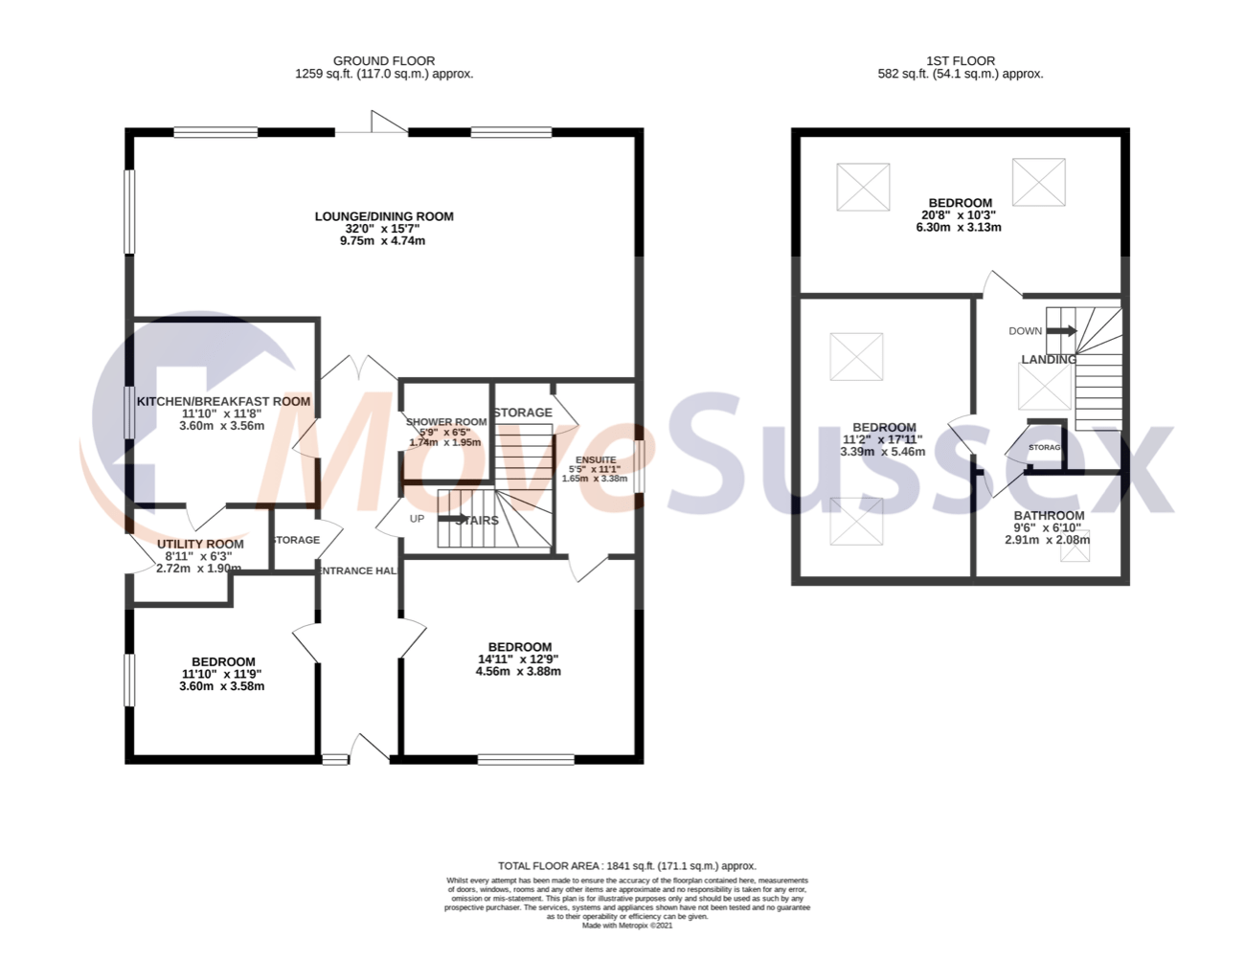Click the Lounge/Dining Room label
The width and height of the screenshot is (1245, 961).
[384, 216]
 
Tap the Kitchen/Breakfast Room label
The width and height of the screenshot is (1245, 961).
[223, 402]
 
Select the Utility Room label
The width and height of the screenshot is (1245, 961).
[200, 544]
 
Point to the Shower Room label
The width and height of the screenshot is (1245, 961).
[446, 422]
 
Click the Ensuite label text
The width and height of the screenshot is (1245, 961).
[596, 460]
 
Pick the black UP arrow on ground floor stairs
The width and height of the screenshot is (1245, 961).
[453, 519]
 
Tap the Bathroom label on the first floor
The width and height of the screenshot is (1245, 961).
[1049, 515]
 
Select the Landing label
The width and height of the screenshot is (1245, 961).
[1048, 360]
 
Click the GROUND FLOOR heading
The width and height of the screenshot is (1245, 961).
[384, 60]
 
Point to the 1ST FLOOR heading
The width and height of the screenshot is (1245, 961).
[961, 60]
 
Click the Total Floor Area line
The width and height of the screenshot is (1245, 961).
[626, 865]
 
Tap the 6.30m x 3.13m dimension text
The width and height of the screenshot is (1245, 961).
[959, 228]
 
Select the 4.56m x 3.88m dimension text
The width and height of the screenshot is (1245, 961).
[518, 672]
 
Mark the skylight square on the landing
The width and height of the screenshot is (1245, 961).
[1044, 387]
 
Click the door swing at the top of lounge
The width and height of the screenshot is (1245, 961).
[388, 123]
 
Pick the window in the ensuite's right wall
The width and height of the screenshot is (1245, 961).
[639, 466]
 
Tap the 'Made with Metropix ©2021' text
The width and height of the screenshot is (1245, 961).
[626, 926]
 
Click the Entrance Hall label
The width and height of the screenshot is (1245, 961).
[357, 570]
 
